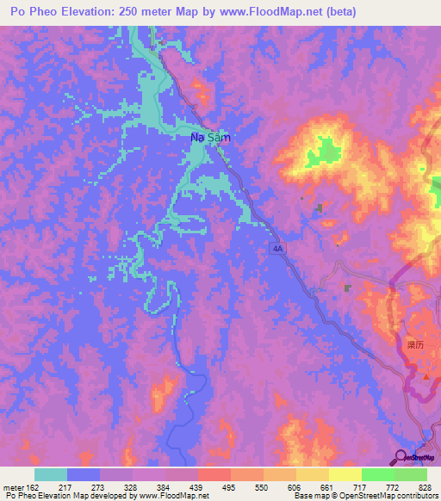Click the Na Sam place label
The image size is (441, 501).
click(210, 137)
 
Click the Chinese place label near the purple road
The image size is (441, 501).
click(416, 343)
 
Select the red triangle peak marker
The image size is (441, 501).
click(426, 376)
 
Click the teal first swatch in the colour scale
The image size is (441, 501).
click(51, 474)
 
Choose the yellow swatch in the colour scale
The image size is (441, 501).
click(345, 474)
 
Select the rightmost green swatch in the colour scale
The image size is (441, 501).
click(410, 474)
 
